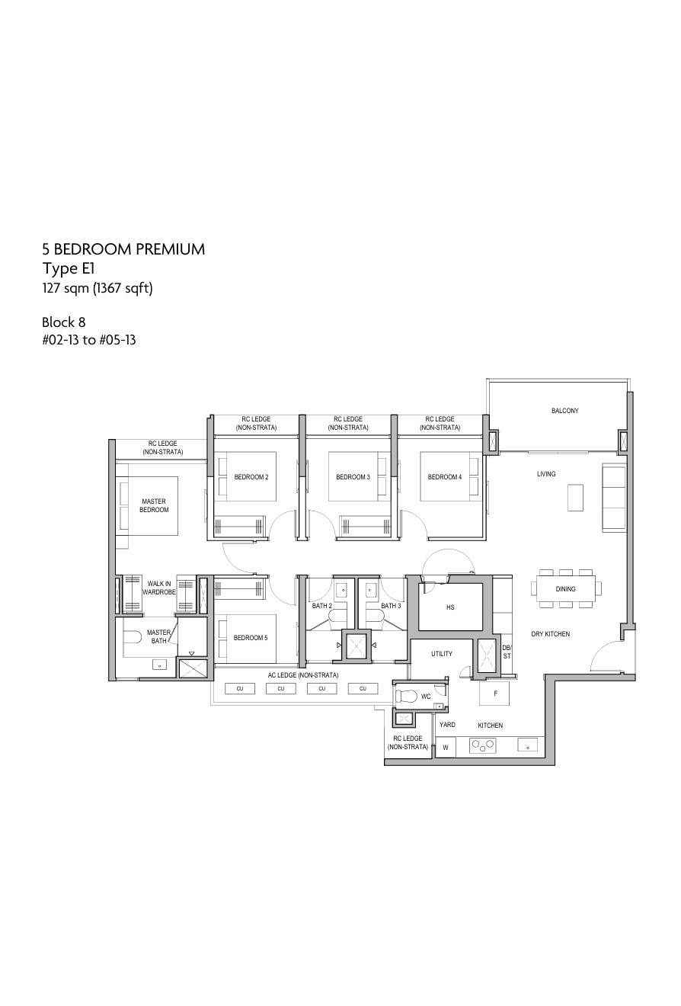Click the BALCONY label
point(564,411)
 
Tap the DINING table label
point(565,589)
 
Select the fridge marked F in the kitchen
point(494,694)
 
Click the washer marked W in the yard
point(446,748)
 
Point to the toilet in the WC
point(407,696)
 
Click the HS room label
point(450,607)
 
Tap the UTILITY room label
point(442,654)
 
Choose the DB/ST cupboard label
point(507,652)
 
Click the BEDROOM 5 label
point(251,638)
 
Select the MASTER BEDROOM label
point(154,505)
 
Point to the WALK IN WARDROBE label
point(159,588)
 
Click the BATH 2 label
point(322,606)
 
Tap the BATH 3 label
point(391,606)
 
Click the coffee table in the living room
point(575,497)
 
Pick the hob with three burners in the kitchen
point(483,746)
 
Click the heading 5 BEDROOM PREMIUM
point(123,249)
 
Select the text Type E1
point(69,268)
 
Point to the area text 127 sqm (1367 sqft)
point(98,288)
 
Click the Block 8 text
point(63,322)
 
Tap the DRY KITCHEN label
point(551,633)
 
